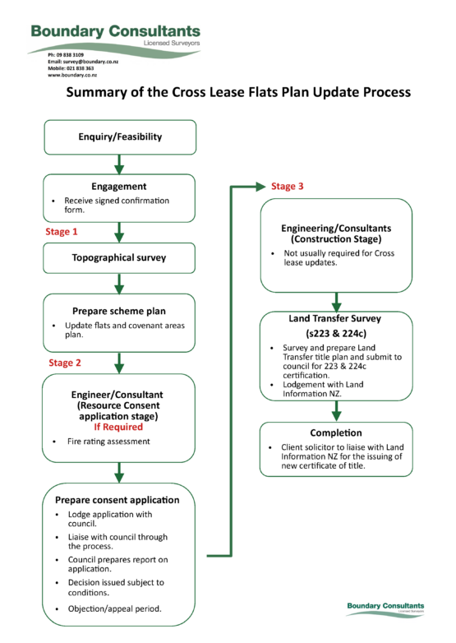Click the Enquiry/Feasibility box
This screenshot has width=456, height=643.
tap(120, 136)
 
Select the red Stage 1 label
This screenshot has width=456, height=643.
tap(62, 232)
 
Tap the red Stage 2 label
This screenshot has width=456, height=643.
tap(65, 362)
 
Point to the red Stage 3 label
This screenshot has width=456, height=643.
tap(288, 187)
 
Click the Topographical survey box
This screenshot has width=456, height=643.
tap(120, 257)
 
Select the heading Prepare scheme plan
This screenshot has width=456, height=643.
tap(120, 312)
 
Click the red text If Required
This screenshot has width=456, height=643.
tap(120, 427)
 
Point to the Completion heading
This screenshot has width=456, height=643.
tap(335, 433)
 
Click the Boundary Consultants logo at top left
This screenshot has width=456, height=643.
tap(115, 34)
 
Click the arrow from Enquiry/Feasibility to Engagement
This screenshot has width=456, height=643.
tap(120, 164)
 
